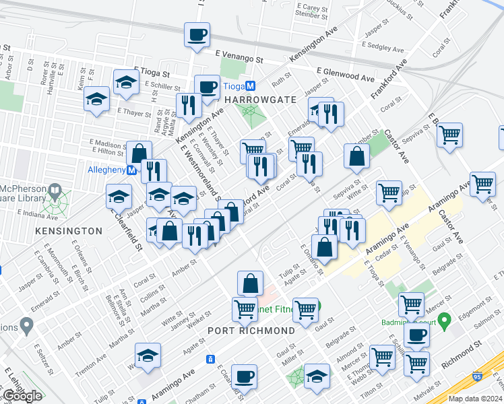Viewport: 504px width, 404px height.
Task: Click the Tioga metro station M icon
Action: pos(250,86)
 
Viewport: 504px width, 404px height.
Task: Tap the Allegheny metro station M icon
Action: pos(132,170)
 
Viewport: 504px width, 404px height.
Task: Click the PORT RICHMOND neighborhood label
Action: pos(251,331)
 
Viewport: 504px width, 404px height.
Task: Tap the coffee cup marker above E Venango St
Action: pos(197,36)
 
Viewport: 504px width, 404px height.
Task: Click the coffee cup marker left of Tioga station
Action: pos(207,87)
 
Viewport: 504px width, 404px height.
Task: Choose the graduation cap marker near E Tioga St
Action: pos(126,83)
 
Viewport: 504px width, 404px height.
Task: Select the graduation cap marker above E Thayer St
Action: pos(97,99)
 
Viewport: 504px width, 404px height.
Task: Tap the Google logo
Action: pos(22,396)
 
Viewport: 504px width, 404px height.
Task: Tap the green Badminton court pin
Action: pos(443,318)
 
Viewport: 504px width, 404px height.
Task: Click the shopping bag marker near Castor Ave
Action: pos(356,157)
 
